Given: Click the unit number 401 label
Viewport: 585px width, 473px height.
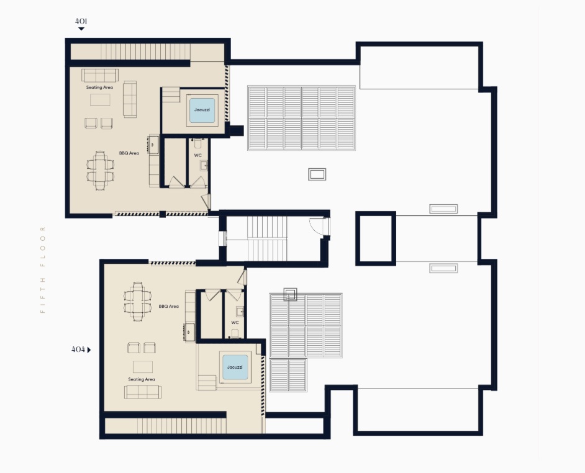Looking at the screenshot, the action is [81, 21].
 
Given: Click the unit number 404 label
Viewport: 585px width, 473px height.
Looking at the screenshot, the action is [78, 349].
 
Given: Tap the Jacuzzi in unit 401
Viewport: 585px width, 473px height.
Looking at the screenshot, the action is [202, 110].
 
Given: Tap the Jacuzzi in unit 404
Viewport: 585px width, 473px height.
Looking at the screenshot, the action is [235, 367].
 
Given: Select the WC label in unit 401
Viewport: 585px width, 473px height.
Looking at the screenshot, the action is [197, 155].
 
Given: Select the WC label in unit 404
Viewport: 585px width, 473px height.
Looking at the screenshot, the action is [235, 323].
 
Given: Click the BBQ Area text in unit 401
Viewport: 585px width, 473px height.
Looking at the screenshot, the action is [129, 153].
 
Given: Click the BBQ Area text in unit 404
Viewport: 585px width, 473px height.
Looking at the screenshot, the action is [169, 306].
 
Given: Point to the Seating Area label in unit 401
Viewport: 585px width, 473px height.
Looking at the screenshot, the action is [99, 88].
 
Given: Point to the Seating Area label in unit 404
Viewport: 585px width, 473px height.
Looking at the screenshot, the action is [142, 379].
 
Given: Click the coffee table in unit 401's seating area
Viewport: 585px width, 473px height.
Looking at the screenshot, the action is [100, 99].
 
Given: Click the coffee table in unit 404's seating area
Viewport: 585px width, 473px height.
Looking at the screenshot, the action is [143, 367].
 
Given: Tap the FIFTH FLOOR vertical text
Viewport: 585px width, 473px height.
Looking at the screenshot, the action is [42, 269].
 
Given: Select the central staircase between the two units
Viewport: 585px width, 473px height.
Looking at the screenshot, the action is [268, 239].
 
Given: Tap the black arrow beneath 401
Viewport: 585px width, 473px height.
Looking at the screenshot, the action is [81, 29].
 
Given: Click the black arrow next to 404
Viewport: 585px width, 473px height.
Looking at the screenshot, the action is [89, 350].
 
